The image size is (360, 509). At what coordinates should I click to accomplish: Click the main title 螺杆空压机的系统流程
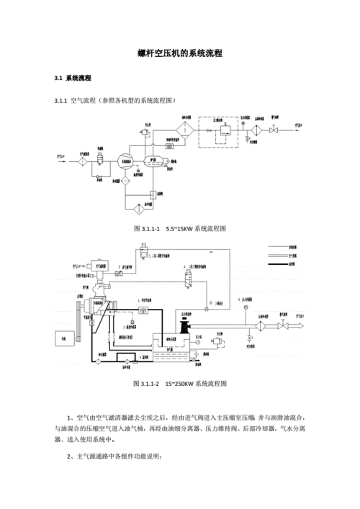(x=179, y=54)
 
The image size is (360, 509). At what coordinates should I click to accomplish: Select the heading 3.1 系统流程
(x=73, y=78)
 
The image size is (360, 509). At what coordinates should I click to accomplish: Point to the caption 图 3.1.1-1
(x=147, y=228)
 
